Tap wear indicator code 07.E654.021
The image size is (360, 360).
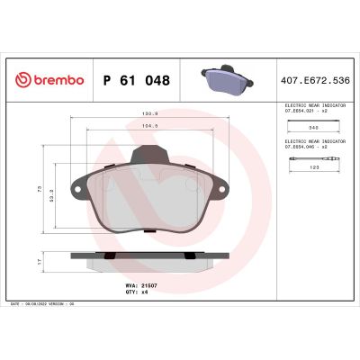tap(311, 111)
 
